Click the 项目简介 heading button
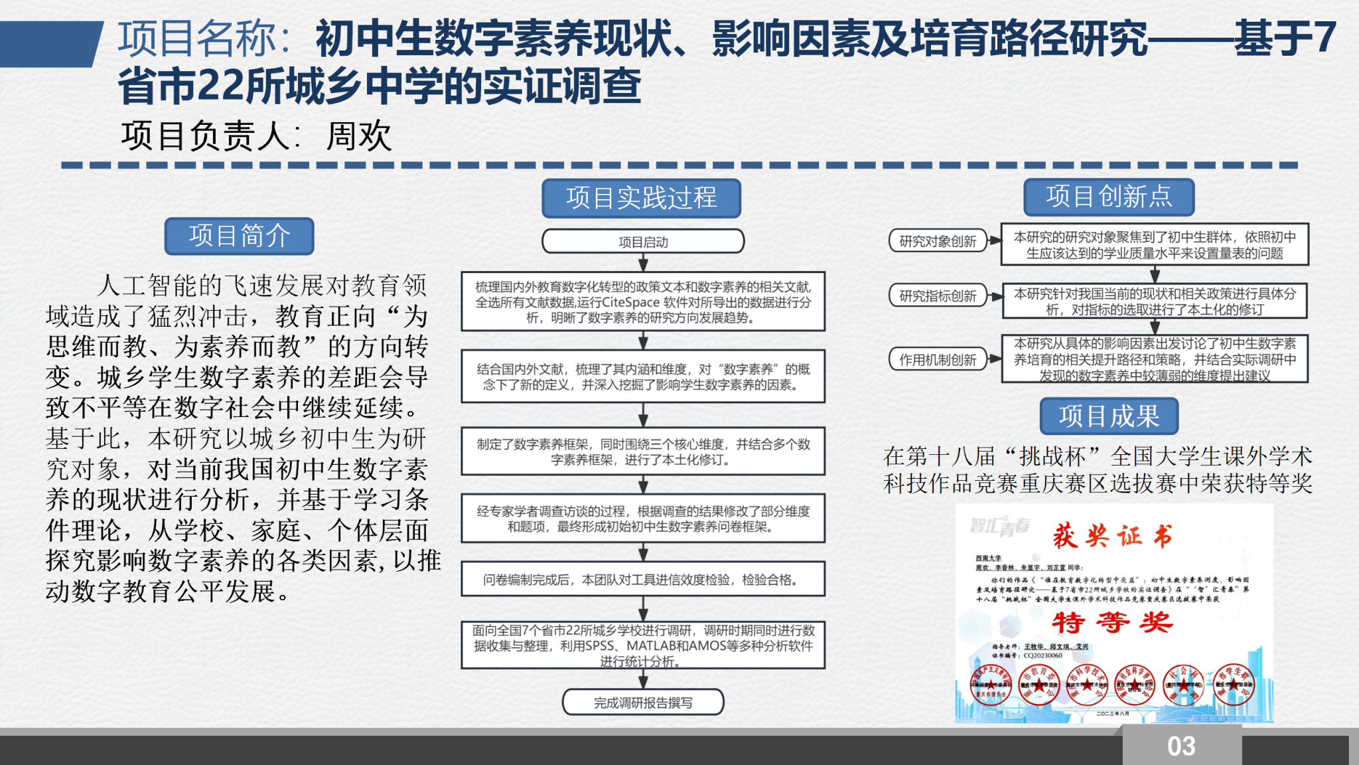[x=239, y=236]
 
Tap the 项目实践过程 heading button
[x=641, y=198]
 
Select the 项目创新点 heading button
[x=1109, y=197]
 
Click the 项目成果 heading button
[x=1109, y=416]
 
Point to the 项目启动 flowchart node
[x=642, y=242]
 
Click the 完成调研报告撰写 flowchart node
[x=642, y=703]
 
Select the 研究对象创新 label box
[x=938, y=241]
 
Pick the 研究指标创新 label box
[x=938, y=296]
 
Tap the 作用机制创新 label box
[x=938, y=360]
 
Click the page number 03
[x=1181, y=746]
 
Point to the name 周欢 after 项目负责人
[x=359, y=136]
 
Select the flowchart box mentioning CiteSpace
[x=642, y=302]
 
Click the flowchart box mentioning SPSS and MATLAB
[x=642, y=645]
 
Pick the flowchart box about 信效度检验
[x=642, y=580]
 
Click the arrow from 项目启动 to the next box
[x=642, y=262]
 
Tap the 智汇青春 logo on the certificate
[x=1000, y=527]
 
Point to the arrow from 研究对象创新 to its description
[x=994, y=241]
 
